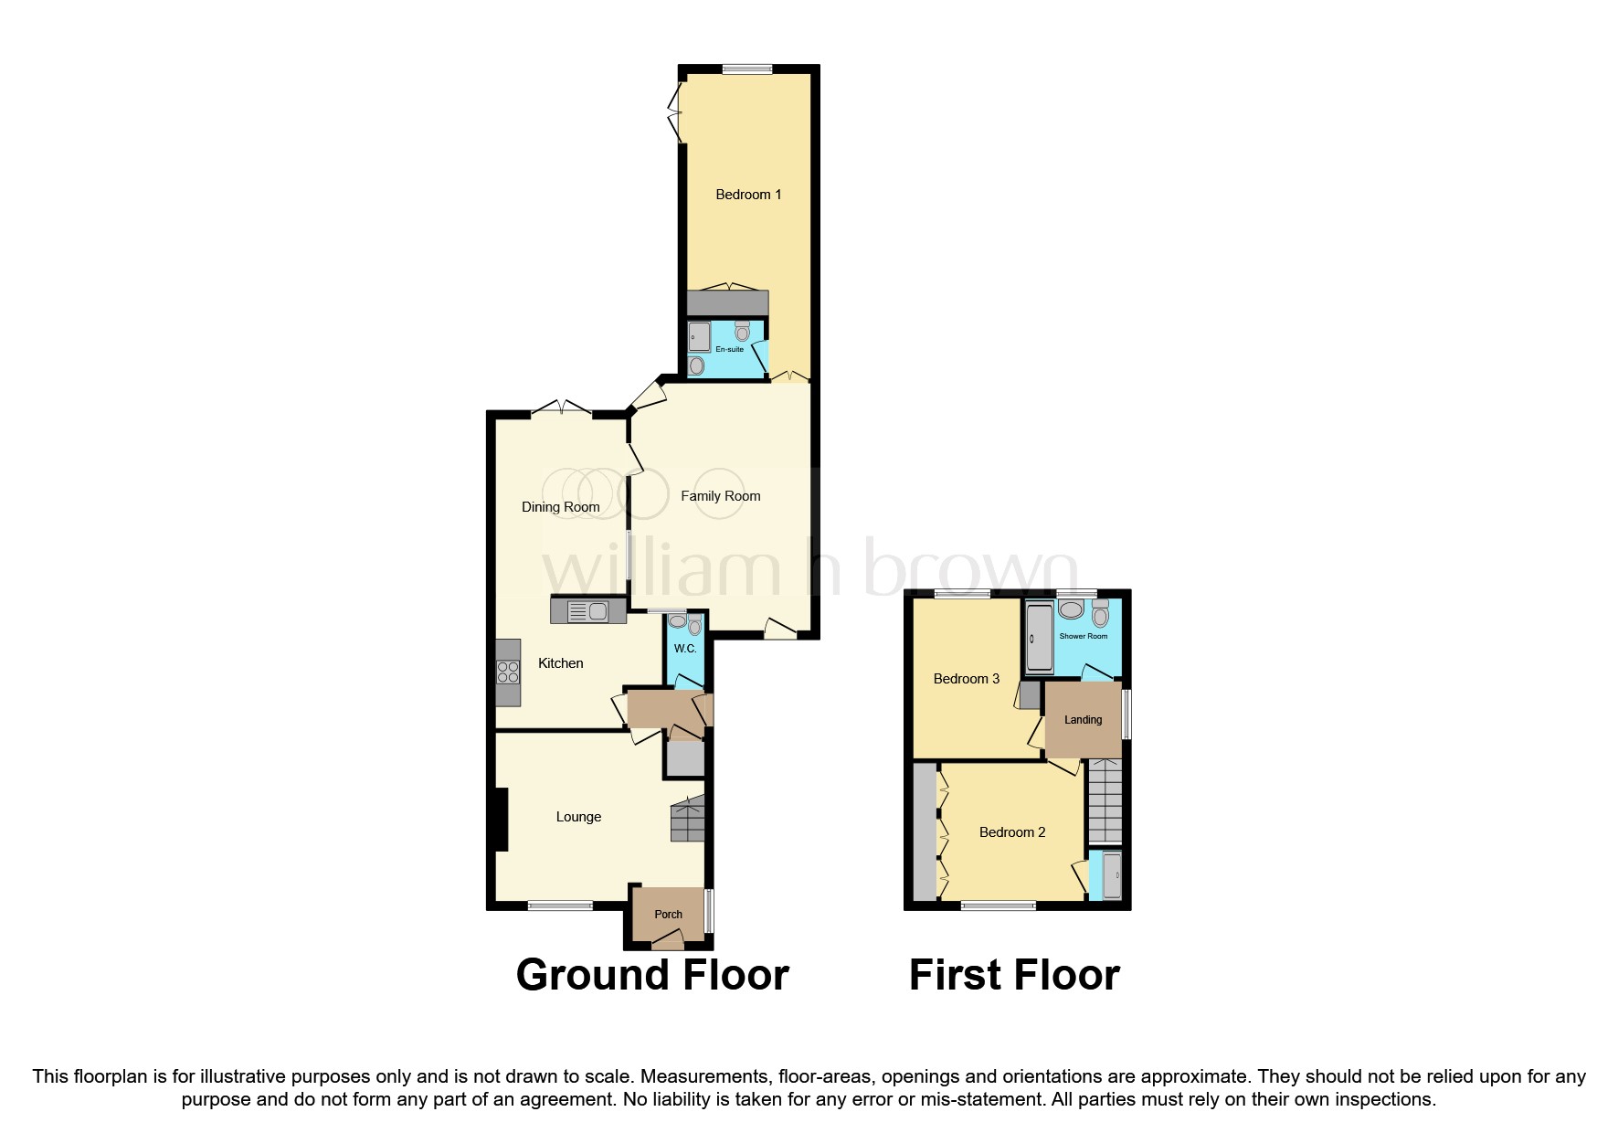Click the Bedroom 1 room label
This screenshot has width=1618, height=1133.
[748, 195]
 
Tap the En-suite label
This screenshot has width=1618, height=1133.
[729, 349]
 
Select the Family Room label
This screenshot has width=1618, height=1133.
[720, 496]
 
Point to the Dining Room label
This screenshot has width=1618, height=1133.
[560, 507]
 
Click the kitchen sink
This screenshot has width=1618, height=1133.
[588, 611]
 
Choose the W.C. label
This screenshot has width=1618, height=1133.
[685, 649]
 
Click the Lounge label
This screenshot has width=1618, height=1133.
[578, 817]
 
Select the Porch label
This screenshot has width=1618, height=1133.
[668, 915]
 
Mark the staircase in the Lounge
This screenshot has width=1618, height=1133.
[688, 819]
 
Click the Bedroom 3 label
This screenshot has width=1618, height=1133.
[966, 679]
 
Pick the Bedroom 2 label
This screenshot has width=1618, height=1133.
[1011, 832]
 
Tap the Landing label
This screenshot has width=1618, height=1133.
[1083, 720]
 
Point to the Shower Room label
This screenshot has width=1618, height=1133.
[1083, 636]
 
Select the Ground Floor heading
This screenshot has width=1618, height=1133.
[651, 975]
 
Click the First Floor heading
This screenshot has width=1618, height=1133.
[1013, 975]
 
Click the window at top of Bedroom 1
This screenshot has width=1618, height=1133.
[746, 69]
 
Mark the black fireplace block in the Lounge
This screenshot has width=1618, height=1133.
[500, 820]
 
